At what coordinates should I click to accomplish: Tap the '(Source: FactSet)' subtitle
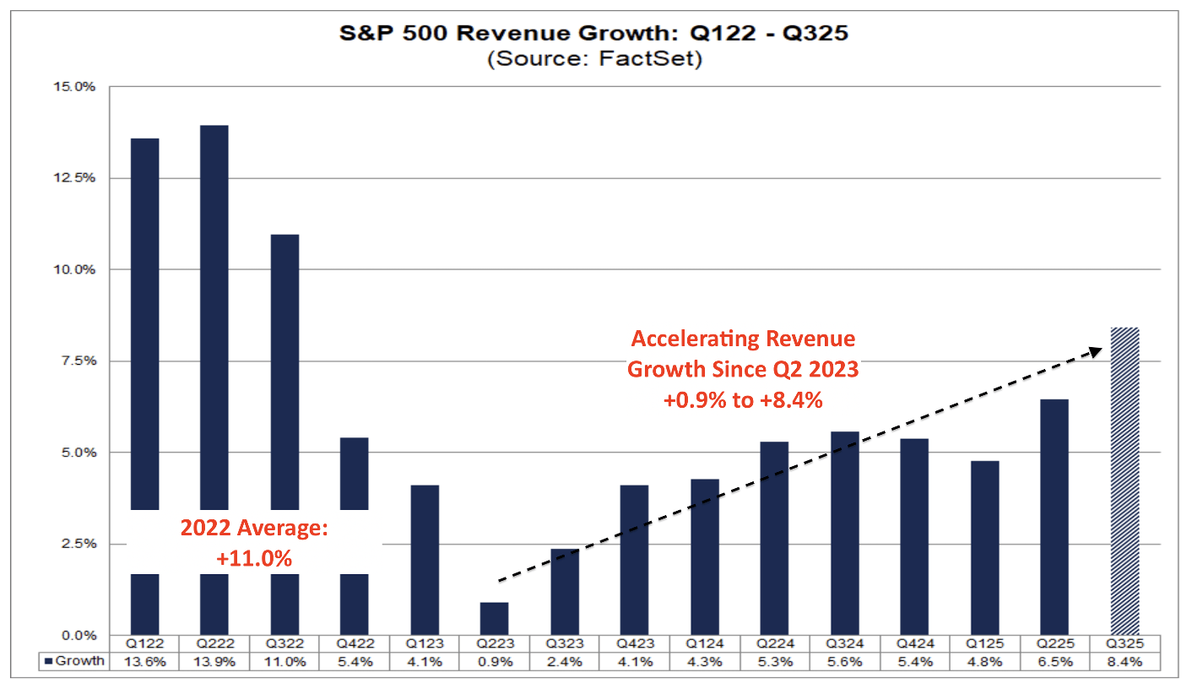[596, 60]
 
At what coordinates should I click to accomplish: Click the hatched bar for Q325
[1125, 481]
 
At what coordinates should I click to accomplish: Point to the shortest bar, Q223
[494, 618]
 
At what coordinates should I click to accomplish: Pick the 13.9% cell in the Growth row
[214, 662]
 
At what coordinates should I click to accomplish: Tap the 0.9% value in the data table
[494, 662]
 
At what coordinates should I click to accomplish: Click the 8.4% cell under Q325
[1125, 662]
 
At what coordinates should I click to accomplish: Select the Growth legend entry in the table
[74, 661]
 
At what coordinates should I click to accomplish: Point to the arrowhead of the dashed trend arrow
[1097, 350]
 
